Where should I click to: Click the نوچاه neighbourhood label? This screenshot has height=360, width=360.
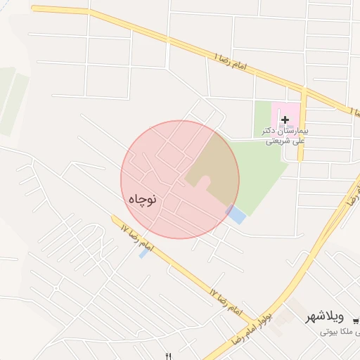coord(141,200)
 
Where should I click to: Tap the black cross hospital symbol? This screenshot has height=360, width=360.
coord(285,120)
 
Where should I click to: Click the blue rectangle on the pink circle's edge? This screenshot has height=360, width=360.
coord(236,214)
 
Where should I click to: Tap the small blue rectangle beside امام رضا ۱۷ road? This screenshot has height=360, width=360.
coord(144,252)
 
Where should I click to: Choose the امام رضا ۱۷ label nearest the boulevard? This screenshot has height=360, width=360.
coord(226,300)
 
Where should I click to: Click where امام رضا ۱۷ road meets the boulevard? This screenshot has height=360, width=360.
coord(249,326)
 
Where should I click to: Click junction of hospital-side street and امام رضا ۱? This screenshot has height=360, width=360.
coord(304,91)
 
